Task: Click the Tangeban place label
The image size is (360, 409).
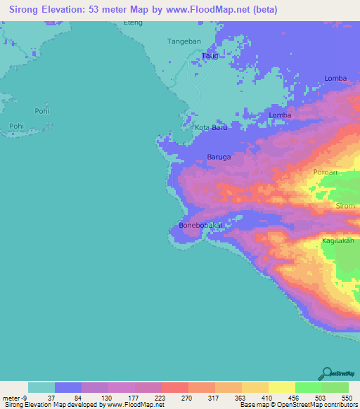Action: click(184, 41)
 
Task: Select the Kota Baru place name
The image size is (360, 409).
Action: click(211, 127)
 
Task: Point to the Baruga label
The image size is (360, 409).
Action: click(219, 157)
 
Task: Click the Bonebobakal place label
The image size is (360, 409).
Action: click(200, 226)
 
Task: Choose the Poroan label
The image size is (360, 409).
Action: click(326, 171)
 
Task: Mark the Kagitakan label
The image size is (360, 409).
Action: click(337, 240)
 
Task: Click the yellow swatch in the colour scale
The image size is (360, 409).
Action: click(281, 387)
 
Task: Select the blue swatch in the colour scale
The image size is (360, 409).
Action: click(68, 387)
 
